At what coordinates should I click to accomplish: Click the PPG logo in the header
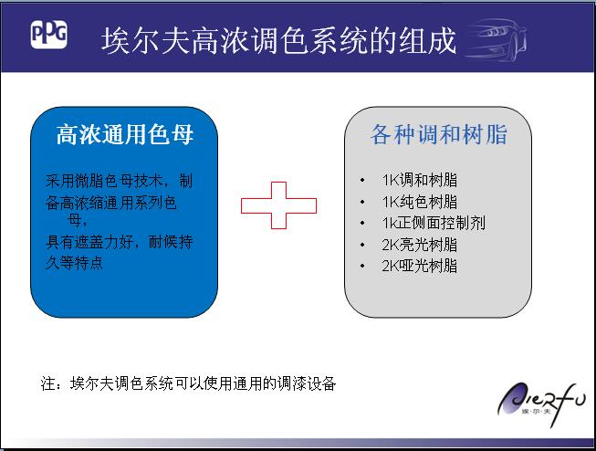pos(48,34)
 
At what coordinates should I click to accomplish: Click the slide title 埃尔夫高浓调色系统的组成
pos(278,40)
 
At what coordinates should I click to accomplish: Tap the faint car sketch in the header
pos(496,40)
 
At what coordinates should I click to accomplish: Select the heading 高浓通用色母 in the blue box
pos(125,134)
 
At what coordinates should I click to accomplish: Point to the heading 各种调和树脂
pos(439,134)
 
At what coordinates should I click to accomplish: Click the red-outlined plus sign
pos(278,205)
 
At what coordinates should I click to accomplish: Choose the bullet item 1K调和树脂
pos(420,180)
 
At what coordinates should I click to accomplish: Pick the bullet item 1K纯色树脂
pos(420,202)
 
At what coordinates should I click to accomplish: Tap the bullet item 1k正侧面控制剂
pos(434,223)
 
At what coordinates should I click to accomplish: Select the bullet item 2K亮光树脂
pos(420,245)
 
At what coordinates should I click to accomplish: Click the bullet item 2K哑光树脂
pos(420,266)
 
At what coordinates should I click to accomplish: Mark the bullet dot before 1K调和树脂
pos(362,180)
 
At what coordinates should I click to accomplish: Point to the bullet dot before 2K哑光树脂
pos(362,267)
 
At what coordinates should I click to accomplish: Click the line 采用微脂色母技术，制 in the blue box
pos(119,181)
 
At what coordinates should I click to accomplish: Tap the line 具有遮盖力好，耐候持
pos(119,241)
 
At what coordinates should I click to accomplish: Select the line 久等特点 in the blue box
pos(74,263)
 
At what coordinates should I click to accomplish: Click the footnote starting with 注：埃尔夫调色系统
pos(188,383)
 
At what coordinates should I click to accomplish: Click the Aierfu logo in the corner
pos(541,404)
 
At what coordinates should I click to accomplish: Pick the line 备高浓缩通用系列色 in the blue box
pos(111,203)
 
